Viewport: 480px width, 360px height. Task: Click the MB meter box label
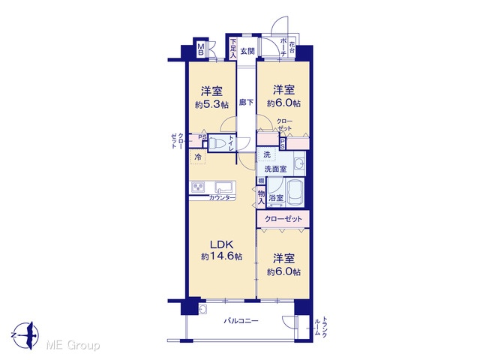(201, 49)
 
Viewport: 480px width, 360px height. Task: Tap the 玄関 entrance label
(247, 51)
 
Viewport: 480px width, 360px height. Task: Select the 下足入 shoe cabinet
(233, 48)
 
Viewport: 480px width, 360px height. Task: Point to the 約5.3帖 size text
(211, 105)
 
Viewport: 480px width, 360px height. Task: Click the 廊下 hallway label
(246, 103)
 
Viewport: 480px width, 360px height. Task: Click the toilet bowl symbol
(217, 143)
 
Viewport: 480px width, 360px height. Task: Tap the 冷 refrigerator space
(197, 157)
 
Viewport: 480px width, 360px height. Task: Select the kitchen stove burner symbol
(198, 187)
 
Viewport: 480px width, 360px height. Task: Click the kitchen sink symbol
(224, 187)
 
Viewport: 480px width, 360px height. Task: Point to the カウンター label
(222, 198)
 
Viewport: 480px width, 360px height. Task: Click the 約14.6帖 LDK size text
(222, 256)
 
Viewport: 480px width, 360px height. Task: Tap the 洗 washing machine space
(267, 154)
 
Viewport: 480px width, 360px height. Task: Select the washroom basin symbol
(298, 163)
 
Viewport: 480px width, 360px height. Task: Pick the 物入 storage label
(261, 197)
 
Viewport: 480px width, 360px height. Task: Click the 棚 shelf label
(261, 181)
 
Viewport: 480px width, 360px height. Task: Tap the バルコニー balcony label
(241, 321)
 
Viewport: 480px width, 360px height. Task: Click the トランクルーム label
(321, 327)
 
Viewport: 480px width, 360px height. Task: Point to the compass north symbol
(26, 335)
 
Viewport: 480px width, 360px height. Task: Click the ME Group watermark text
(73, 346)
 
